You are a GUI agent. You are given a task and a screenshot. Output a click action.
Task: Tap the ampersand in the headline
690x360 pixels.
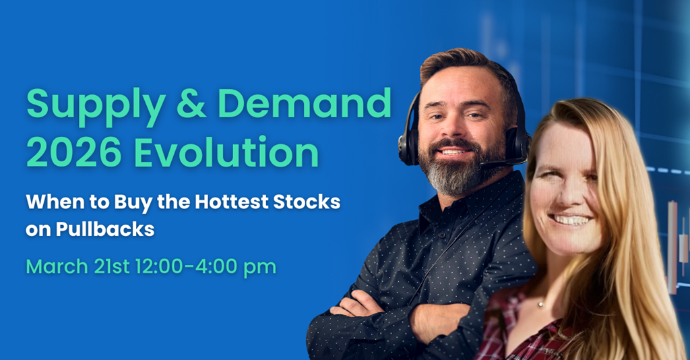click(191, 103)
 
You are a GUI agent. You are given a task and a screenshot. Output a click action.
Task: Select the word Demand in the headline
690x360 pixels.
click(305, 103)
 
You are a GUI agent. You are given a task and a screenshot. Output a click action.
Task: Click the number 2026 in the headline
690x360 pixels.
click(73, 152)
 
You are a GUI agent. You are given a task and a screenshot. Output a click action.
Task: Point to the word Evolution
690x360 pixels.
click(226, 152)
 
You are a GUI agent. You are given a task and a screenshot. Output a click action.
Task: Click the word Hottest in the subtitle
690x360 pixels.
click(232, 202)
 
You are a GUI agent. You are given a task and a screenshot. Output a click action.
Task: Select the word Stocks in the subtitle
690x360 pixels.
click(307, 202)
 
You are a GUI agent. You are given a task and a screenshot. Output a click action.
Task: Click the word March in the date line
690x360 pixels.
click(57, 267)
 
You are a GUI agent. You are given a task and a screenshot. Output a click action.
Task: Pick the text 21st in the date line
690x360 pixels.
click(112, 267)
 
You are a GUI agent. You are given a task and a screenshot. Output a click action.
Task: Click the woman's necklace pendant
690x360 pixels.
click(540, 304)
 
